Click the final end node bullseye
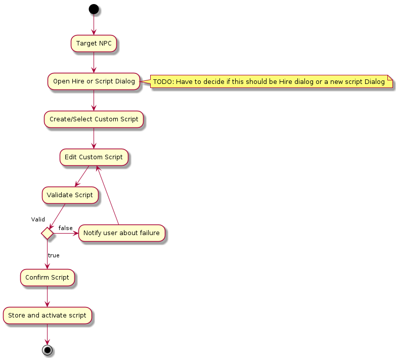pyautogui.click(x=47, y=350)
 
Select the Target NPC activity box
pyautogui.click(x=94, y=43)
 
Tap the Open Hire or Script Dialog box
pyautogui.click(x=94, y=81)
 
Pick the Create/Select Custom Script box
pyautogui.click(x=94, y=119)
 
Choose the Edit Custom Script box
pyautogui.click(x=94, y=157)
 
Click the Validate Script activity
pyautogui.click(x=70, y=195)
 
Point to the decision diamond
pyautogui.click(x=47, y=233)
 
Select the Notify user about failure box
pyautogui.click(x=121, y=233)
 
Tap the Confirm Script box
pyautogui.click(x=48, y=277)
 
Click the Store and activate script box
pyautogui.click(x=48, y=316)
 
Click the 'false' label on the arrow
pyautogui.click(x=65, y=228)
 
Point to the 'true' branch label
pyautogui.click(x=54, y=255)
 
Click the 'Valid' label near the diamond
pyautogui.click(x=38, y=219)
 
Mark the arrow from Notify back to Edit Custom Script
pyautogui.click(x=108, y=195)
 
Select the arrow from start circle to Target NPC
pyautogui.click(x=94, y=24)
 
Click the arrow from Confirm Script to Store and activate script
pyautogui.click(x=47, y=296)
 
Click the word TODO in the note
pyautogui.click(x=163, y=81)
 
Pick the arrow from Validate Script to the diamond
pyautogui.click(x=57, y=215)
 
